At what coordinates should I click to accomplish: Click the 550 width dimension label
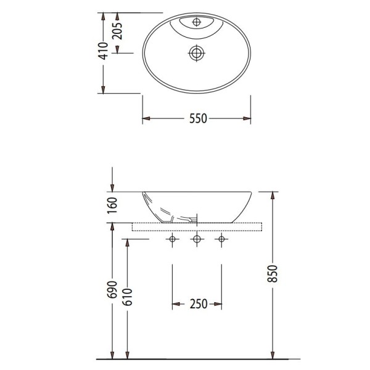pos(198,118)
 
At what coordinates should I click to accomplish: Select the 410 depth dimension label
pos(103,51)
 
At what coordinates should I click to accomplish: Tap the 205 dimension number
pos(117,31)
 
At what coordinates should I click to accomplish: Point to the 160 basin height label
pos(112,205)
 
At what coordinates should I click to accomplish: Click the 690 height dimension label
pos(112,290)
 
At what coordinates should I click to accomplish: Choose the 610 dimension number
pos(128,297)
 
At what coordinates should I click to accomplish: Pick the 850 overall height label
pos(273,274)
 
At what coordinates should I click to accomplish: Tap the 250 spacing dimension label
pos(199,304)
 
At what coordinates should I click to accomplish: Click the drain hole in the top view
pos(197,53)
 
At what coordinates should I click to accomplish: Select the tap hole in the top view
pos(197,22)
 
